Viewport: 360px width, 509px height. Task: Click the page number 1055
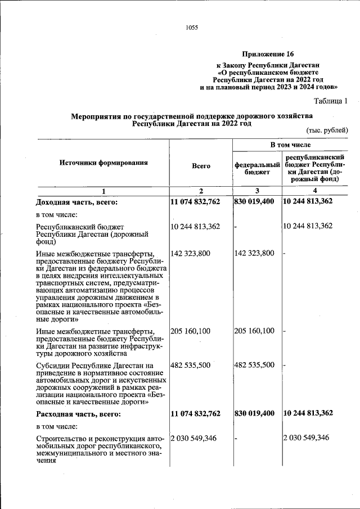click(191, 27)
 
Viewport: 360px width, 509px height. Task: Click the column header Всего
click(201, 166)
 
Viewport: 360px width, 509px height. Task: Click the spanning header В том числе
click(290, 145)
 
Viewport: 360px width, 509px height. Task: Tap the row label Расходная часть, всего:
click(78, 413)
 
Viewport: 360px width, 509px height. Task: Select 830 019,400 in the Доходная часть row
click(254, 201)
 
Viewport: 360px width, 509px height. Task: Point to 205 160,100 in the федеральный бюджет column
click(254, 331)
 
